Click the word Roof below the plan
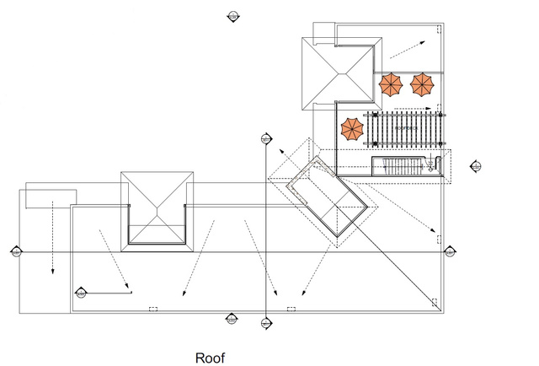[211, 358]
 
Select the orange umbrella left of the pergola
[351, 129]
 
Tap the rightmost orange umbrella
[422, 83]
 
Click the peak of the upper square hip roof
[337, 73]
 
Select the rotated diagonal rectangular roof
[330, 197]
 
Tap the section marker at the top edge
[232, 16]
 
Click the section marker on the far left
[16, 251]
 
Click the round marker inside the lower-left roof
[81, 293]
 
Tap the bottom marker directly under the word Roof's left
[232, 319]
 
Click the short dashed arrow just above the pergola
[414, 109]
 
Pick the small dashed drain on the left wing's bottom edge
[152, 309]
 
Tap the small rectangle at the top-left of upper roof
[324, 31]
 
